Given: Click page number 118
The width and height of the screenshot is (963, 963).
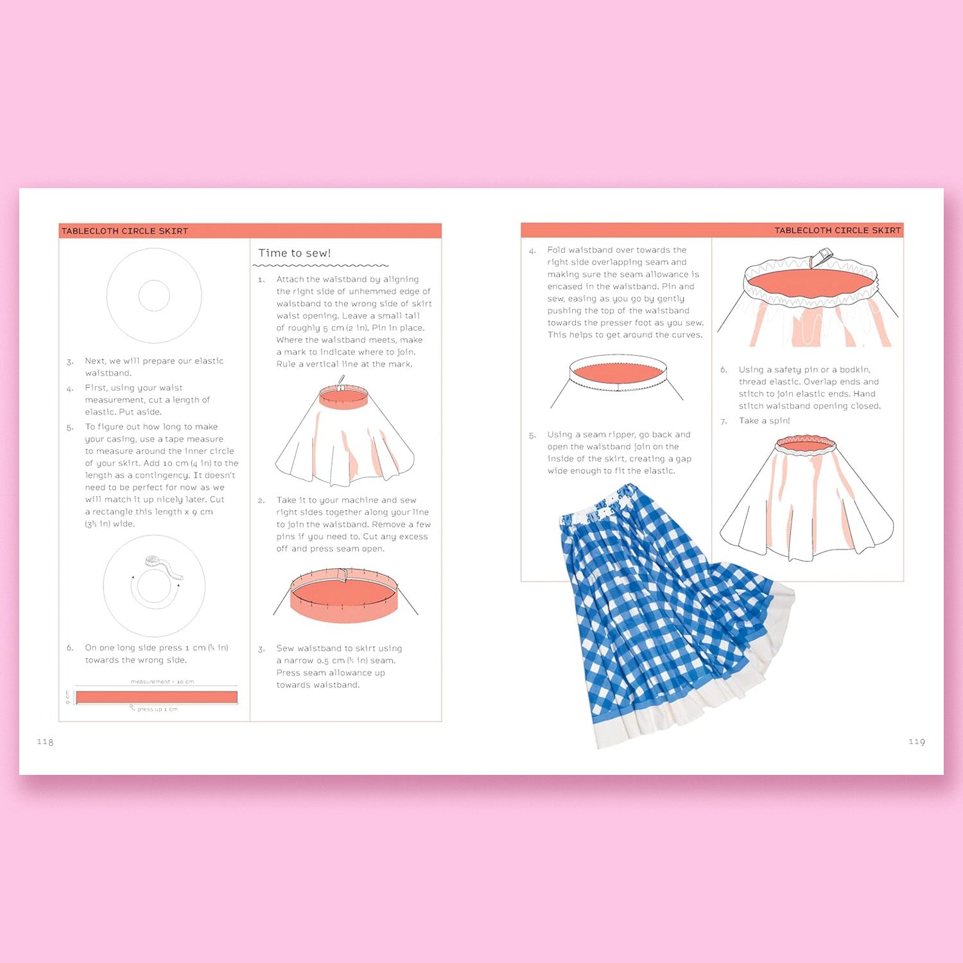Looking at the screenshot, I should [x=45, y=742].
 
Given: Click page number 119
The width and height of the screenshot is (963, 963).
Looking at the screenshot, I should [x=917, y=742].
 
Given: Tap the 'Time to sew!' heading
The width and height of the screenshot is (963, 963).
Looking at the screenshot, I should [x=295, y=253].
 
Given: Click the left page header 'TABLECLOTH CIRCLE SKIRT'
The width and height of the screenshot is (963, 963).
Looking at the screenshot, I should [x=125, y=231].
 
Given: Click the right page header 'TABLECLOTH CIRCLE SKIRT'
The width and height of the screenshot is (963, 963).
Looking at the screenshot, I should [x=837, y=230].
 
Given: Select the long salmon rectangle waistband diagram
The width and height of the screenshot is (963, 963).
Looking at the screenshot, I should [x=157, y=697].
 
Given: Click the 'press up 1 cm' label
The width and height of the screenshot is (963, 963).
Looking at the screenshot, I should [x=157, y=709].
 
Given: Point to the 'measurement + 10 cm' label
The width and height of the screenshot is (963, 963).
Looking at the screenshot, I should [x=162, y=682].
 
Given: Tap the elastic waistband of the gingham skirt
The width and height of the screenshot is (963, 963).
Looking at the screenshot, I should [x=600, y=507].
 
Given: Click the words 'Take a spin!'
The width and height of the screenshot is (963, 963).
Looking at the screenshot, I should [x=764, y=421].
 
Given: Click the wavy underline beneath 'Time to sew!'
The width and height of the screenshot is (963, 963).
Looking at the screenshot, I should [x=321, y=265].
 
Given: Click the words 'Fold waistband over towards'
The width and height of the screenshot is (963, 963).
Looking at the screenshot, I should [x=616, y=250].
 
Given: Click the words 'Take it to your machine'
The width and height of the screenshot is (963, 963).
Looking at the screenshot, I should [x=327, y=500].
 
